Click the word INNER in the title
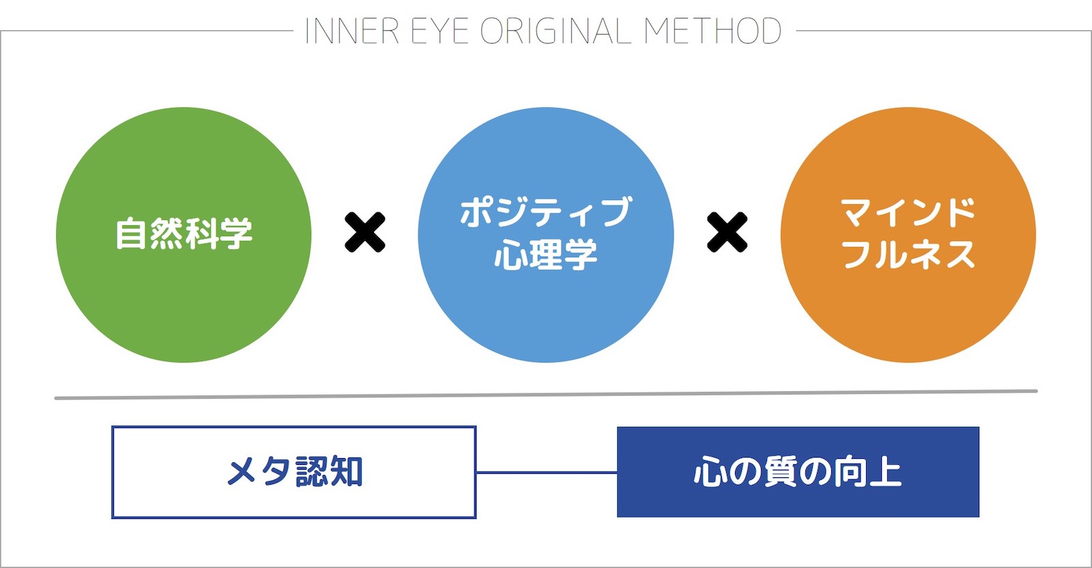352,31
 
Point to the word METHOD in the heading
713,31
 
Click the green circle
184,235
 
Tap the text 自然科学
184,233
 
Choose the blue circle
546,235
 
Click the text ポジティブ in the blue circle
546,212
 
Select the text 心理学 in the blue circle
546,254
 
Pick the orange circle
908,235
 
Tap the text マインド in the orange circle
908,212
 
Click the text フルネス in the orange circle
908,254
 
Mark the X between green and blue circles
364,233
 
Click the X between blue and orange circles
727,233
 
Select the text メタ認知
294,472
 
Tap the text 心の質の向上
798,472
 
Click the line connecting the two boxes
547,472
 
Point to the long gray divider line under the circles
546,395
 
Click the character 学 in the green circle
236,233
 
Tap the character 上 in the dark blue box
885,472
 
